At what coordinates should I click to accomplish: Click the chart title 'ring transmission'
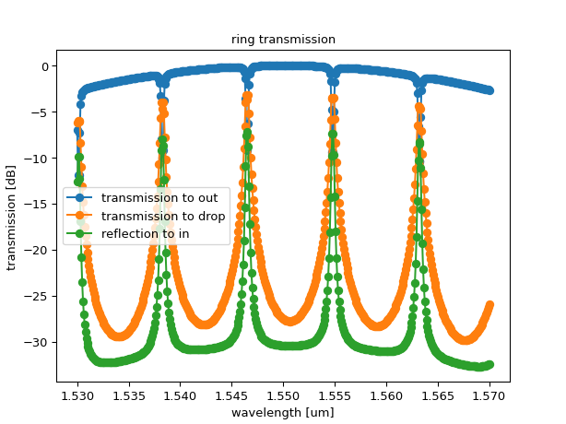pos(283,40)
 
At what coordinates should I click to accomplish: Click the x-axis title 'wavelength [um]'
pos(283,412)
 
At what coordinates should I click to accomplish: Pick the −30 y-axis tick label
pos(38,343)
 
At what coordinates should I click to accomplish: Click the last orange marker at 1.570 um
pos(489,305)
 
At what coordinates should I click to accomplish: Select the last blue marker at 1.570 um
pos(489,90)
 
